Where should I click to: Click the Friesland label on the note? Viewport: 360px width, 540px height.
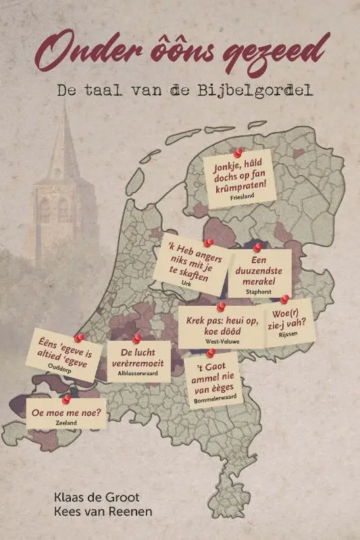(241, 196)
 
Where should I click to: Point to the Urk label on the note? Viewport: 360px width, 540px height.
(186, 284)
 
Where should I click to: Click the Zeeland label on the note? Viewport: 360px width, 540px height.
(67, 423)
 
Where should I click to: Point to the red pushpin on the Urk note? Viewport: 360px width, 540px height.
(209, 242)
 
